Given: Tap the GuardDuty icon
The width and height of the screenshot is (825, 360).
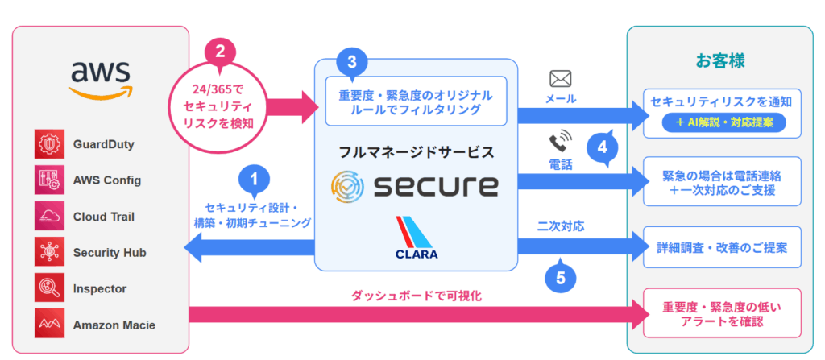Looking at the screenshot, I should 47,144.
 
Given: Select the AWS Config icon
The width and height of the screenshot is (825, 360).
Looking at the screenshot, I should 47,180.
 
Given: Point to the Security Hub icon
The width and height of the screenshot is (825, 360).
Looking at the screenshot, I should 47,252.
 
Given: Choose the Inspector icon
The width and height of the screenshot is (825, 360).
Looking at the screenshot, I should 47,288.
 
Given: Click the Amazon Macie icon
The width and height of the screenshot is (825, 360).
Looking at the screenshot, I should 47,325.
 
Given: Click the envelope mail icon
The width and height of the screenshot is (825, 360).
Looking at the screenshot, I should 560,79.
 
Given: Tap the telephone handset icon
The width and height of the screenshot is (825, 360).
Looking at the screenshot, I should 558,143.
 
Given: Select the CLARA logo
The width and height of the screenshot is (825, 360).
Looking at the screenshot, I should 417,238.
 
